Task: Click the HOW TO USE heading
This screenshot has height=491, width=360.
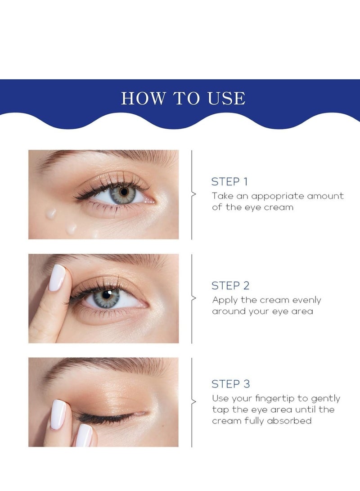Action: click(183, 98)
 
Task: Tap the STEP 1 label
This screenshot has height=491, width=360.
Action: click(229, 182)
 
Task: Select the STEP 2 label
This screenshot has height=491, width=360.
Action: click(230, 285)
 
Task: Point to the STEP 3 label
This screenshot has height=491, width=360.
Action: click(230, 384)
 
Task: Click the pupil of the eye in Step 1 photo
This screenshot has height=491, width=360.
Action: click(123, 192)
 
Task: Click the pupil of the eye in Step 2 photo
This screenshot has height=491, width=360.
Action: click(107, 295)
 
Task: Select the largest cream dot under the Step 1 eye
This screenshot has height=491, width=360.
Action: click(51, 213)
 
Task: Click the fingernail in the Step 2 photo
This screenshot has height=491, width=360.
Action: click(57, 277)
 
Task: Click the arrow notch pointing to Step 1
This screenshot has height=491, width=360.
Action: click(194, 194)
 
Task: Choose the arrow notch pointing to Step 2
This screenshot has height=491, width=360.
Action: click(194, 298)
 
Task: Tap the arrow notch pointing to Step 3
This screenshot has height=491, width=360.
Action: click(194, 401)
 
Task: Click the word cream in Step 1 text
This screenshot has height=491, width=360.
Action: click(279, 207)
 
